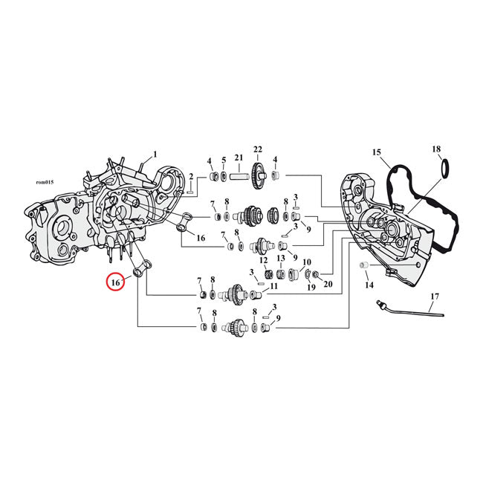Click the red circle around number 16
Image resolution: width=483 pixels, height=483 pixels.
coord(115,282)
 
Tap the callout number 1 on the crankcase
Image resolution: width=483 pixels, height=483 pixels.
coord(155,155)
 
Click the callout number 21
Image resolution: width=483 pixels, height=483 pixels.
coord(239,158)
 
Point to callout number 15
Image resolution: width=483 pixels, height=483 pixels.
coord(377,153)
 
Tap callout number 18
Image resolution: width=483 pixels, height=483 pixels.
coord(437,149)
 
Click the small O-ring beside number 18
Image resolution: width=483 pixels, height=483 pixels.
coord(444,169)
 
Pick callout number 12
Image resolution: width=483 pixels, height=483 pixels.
coord(263,261)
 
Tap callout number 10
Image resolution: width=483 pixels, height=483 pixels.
coord(305,262)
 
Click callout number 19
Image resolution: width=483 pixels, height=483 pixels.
coord(311,287)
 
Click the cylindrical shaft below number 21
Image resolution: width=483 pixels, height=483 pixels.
coord(239,178)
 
